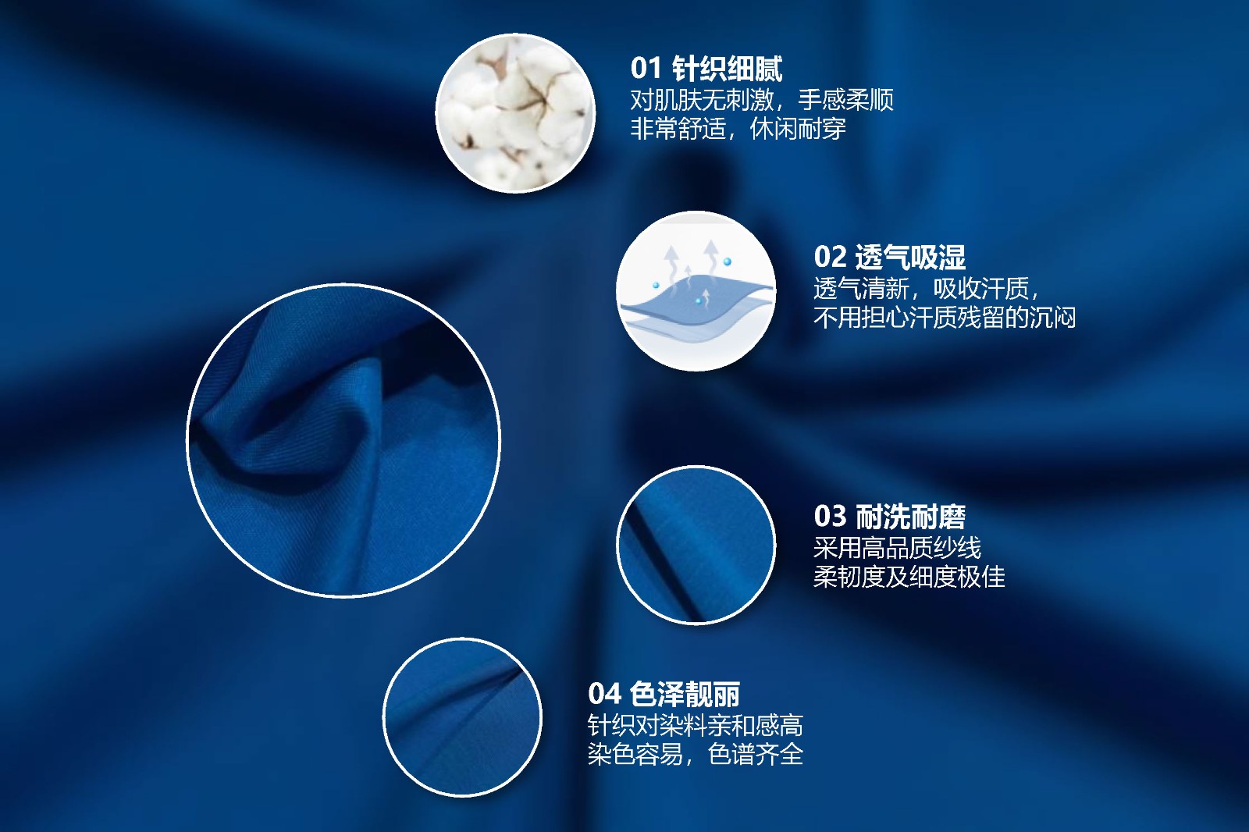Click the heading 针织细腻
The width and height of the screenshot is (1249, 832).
(727, 69)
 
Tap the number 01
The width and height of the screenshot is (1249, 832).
(646, 69)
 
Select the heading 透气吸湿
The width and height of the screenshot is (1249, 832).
(910, 257)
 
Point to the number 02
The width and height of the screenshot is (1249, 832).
(830, 257)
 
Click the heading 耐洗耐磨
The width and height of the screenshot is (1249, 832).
(910, 517)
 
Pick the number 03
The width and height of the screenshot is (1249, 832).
(830, 517)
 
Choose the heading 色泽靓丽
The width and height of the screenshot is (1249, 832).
(685, 695)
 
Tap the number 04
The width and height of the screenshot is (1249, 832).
(604, 695)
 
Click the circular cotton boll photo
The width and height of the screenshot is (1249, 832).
(515, 114)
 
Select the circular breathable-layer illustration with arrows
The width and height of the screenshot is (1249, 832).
(696, 290)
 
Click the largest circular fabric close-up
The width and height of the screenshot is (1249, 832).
(343, 440)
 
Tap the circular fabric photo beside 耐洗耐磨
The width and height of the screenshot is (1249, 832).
(696, 545)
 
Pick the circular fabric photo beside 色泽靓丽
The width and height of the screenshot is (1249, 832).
(462, 717)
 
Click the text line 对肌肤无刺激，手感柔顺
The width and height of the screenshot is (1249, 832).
(762, 101)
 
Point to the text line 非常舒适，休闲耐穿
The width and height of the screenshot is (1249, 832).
(738, 129)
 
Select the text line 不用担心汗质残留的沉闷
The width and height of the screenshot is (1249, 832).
(945, 318)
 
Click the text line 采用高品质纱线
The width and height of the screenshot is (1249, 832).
(897, 548)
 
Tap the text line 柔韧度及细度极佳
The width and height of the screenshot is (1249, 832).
(909, 577)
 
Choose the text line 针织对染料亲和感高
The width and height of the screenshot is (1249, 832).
(696, 726)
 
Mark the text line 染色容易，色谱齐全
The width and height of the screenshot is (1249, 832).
(696, 755)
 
